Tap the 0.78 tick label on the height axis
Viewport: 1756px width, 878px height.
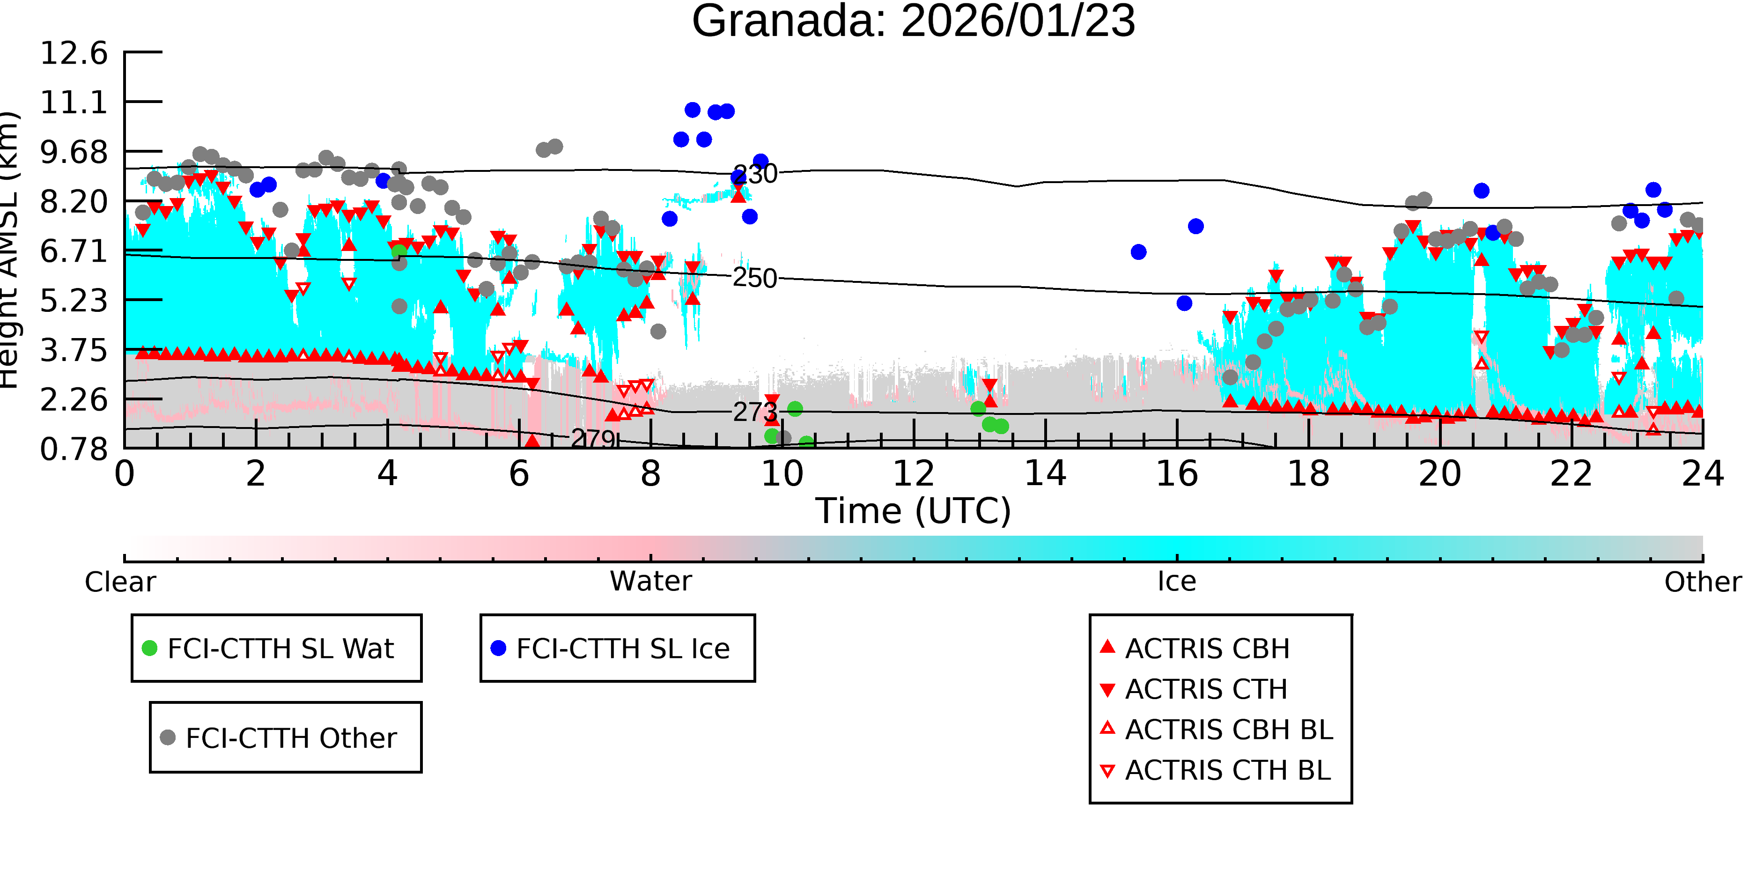74,449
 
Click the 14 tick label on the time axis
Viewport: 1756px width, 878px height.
1045,474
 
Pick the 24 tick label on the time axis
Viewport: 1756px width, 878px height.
1703,474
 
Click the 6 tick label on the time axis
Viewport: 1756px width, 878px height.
519,474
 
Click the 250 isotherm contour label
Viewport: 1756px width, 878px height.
755,278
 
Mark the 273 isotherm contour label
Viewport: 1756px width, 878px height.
755,412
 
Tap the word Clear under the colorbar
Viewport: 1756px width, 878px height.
120,582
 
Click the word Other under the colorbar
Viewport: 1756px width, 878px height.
1703,582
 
